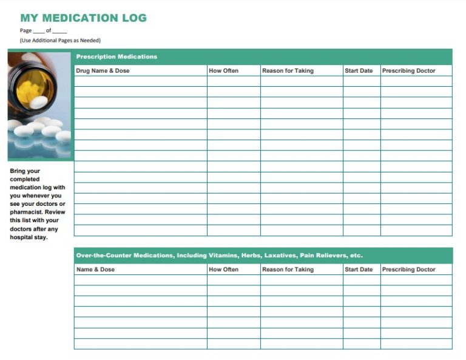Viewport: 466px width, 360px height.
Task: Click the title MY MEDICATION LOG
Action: (x=83, y=18)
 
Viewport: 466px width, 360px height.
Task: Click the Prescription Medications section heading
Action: (x=116, y=56)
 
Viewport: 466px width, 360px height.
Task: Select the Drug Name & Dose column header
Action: (x=103, y=71)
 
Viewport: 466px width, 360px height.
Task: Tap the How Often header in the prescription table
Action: (x=223, y=71)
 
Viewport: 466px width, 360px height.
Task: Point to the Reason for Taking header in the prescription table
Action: (x=288, y=71)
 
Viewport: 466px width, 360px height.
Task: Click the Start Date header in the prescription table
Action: (x=359, y=71)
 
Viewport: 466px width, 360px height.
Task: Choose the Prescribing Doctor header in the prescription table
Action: (x=408, y=71)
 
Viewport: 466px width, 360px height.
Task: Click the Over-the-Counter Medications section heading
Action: (x=219, y=256)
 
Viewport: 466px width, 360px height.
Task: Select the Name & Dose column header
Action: (x=95, y=270)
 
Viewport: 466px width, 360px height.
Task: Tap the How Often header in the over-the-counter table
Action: (x=223, y=270)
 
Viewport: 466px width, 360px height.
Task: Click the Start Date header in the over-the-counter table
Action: (x=359, y=270)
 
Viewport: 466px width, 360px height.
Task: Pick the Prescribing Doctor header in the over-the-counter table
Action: (x=408, y=270)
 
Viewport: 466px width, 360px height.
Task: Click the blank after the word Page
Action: (x=39, y=31)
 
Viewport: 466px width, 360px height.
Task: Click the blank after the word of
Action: (x=59, y=31)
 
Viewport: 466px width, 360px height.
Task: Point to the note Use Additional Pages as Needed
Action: (x=60, y=41)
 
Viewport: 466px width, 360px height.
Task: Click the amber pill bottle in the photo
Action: (x=33, y=82)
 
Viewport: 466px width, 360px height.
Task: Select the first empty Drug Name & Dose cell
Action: (x=140, y=81)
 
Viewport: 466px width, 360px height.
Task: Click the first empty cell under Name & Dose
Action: (x=140, y=280)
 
